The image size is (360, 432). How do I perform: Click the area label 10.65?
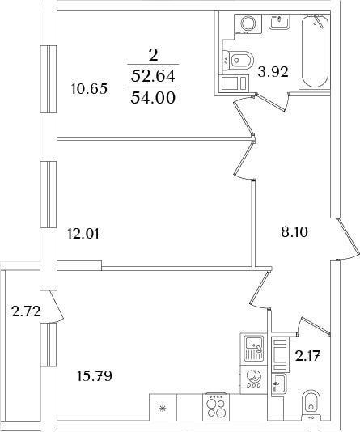tap(89, 89)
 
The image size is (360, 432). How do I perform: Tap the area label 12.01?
tap(83, 234)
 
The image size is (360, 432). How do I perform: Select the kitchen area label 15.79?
tap(95, 376)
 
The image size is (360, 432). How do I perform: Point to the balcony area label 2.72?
tap(26, 311)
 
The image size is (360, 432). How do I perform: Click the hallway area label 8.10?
tap(294, 232)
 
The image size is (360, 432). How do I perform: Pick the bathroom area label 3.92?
tap(273, 72)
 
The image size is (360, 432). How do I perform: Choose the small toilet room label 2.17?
tap(307, 356)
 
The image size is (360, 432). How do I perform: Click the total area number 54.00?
tap(153, 98)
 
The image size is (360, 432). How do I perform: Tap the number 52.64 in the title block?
tap(153, 76)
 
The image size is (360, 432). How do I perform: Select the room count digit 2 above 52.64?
tap(153, 55)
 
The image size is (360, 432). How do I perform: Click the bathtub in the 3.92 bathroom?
tap(315, 52)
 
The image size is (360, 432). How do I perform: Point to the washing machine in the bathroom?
tap(248, 23)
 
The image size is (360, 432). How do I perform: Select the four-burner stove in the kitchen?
tap(216, 407)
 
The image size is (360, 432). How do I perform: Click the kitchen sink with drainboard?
tap(254, 349)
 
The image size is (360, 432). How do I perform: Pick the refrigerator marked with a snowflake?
tap(163, 407)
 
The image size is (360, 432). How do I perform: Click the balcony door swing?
tap(57, 306)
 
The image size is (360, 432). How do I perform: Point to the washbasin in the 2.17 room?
tap(279, 384)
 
